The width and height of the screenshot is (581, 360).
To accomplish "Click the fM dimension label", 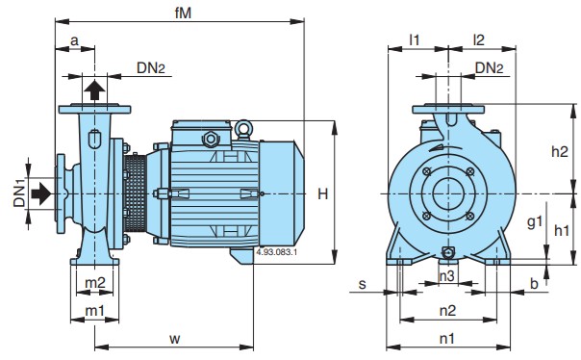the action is pyautogui.click(x=183, y=13).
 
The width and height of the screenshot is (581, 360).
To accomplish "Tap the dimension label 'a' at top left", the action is pyautogui.click(x=74, y=40).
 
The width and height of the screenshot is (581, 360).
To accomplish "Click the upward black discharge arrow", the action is pyautogui.click(x=94, y=90).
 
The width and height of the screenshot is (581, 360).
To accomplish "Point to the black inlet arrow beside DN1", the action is pyautogui.click(x=40, y=193).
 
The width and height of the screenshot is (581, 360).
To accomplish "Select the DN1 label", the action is pyautogui.click(x=19, y=193).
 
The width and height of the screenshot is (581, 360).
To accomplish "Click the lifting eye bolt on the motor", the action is pyautogui.click(x=243, y=129).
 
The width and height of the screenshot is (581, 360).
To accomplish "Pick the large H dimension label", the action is pyautogui.click(x=323, y=193).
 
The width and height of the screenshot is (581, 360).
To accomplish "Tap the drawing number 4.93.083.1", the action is pyautogui.click(x=276, y=252).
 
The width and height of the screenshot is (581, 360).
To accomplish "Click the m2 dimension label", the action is pyautogui.click(x=95, y=283).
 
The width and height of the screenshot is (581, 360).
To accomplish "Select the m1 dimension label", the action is pyautogui.click(x=95, y=311).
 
